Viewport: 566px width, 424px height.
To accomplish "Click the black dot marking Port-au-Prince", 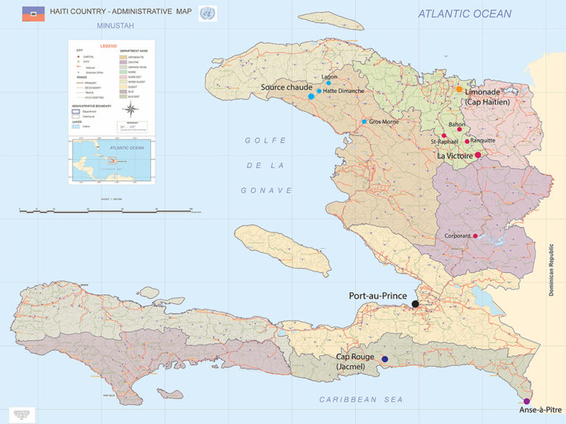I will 416,303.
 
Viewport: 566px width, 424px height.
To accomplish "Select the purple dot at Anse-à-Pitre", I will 526,401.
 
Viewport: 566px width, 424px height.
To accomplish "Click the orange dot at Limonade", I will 459,89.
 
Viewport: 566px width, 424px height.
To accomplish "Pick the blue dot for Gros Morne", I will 364,121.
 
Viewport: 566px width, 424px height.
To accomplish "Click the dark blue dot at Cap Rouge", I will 385,359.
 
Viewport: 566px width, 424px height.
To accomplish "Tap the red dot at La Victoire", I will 478,155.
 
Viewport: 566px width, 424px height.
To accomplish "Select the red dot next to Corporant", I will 475,236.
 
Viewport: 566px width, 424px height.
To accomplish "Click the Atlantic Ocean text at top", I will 464,13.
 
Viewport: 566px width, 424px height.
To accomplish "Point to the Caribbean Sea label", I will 361,399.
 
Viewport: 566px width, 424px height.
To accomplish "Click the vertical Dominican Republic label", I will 551,269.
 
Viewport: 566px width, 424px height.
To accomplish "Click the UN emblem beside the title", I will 208,13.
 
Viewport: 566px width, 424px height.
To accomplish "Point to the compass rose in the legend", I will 130,110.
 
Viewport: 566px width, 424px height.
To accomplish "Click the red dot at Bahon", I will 459,130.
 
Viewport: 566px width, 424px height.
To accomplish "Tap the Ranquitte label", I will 483,141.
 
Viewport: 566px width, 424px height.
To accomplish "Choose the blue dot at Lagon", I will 329,83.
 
